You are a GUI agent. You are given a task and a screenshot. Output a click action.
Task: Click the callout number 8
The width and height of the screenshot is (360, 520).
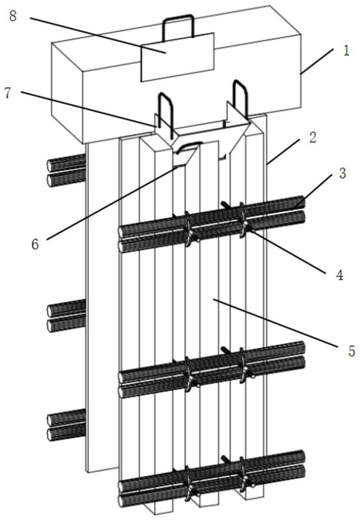[12, 16]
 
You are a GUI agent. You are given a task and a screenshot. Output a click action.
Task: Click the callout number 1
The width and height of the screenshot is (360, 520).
[346, 51]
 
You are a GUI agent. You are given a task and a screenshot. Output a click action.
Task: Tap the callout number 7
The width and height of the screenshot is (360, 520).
[7, 93]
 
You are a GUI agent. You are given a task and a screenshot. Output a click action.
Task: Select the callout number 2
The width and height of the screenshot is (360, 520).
[313, 137]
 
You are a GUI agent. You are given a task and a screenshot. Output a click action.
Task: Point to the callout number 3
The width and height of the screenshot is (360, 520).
[342, 173]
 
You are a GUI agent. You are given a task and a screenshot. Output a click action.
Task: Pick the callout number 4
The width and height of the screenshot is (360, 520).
[340, 275]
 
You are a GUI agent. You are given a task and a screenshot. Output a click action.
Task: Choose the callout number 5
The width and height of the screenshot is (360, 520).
[352, 351]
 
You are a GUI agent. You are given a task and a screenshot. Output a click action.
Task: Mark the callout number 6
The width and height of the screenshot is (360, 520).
[35, 244]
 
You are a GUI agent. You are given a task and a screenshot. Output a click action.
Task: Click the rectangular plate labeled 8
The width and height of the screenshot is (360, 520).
[177, 57]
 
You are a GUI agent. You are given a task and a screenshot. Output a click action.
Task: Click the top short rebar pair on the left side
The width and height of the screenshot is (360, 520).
[67, 170]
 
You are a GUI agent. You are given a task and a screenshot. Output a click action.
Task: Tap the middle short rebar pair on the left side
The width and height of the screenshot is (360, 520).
[67, 315]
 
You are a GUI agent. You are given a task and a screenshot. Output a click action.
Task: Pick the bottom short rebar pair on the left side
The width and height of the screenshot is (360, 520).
[67, 426]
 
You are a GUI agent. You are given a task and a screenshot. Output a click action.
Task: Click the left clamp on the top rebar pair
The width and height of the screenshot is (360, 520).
[190, 229]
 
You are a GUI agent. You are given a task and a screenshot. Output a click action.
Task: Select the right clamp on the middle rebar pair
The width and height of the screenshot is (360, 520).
[244, 367]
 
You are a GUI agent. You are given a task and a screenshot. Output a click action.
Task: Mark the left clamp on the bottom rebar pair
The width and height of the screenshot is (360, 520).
[190, 484]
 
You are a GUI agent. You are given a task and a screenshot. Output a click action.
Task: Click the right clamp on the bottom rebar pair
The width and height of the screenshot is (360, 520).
[244, 475]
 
